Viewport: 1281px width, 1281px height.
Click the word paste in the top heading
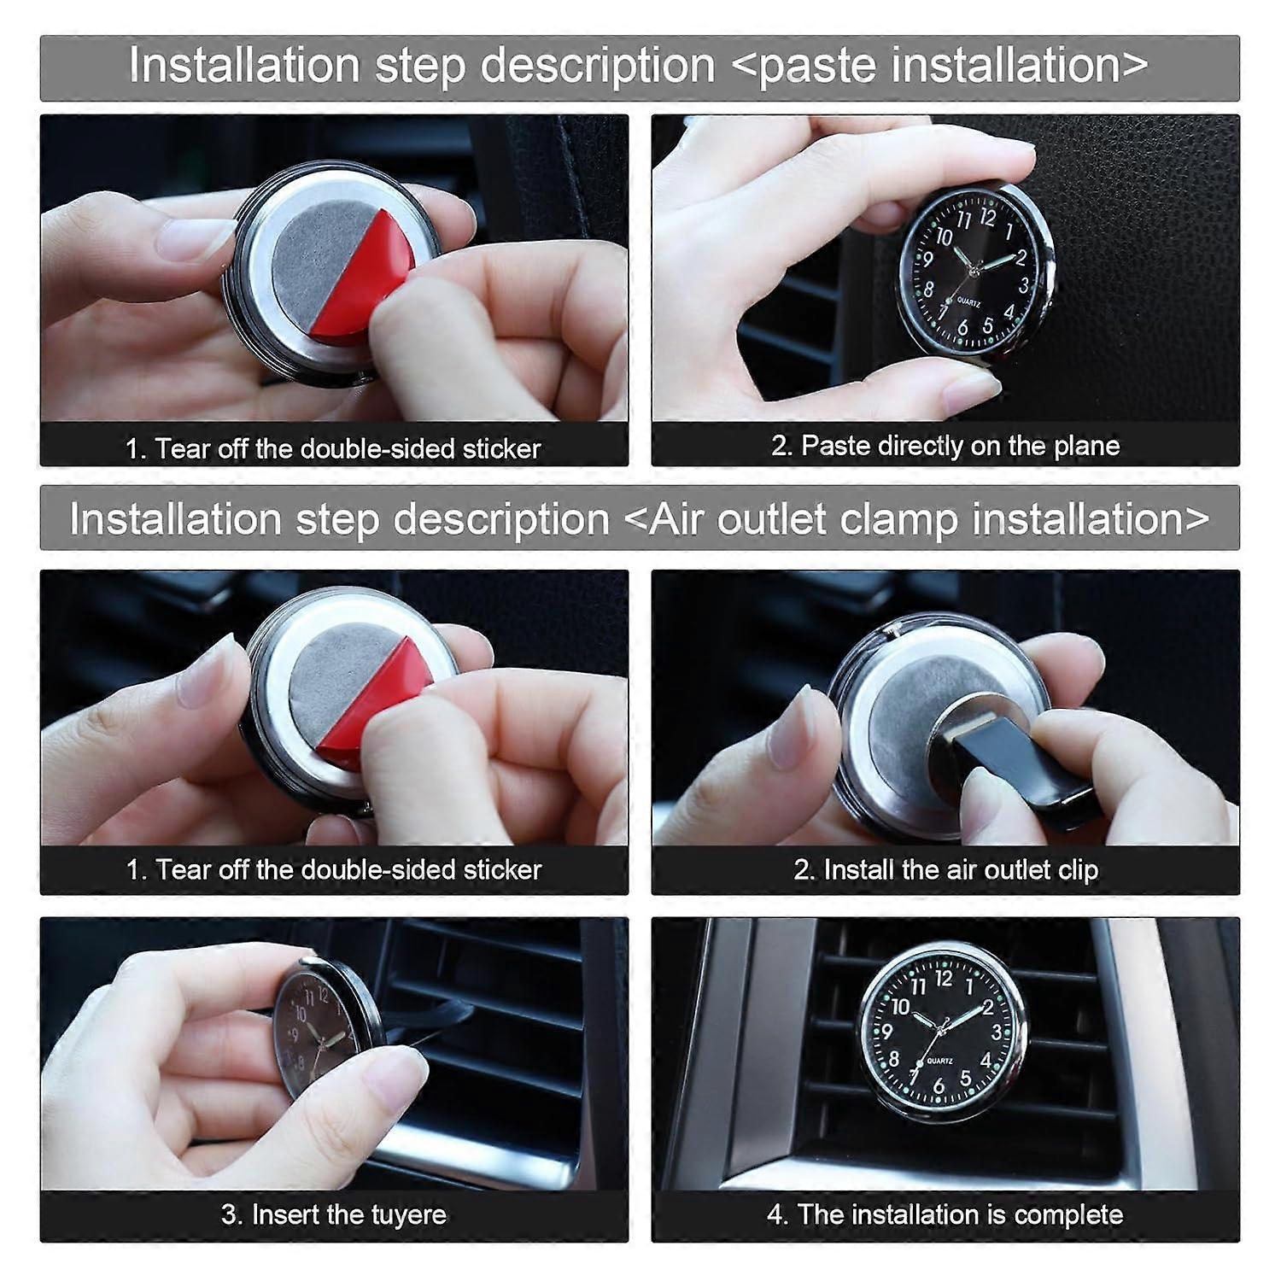coord(816,67)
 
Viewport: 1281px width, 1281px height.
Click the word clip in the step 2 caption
coord(1078,869)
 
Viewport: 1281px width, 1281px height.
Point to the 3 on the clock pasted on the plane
coord(1023,286)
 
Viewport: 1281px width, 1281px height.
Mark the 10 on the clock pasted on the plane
coord(944,237)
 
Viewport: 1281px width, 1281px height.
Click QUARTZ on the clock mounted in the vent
coord(939,1061)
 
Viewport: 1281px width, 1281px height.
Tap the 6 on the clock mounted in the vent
coord(939,1086)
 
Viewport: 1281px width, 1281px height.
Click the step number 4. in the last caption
coord(776,1214)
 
